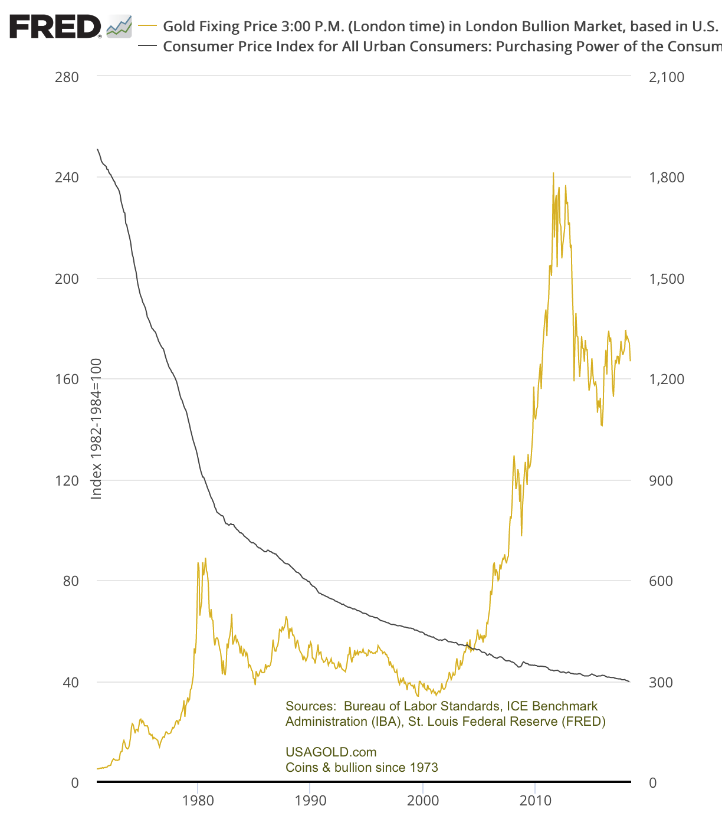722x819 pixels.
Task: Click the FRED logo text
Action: pos(55,27)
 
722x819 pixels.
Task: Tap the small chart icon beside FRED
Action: pos(119,27)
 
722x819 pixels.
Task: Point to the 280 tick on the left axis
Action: pos(67,77)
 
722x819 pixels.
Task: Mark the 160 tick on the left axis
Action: pos(67,379)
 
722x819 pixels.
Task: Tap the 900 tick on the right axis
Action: pos(661,480)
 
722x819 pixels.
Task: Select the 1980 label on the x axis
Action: pos(198,801)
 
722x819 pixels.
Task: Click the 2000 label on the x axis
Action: pos(423,801)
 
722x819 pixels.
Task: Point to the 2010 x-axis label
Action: pos(535,801)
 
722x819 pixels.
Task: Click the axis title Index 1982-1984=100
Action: pos(96,429)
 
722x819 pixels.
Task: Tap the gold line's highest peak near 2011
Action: pos(553,173)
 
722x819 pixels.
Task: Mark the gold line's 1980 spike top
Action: pos(205,558)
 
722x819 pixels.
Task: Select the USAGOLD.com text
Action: pos(331,752)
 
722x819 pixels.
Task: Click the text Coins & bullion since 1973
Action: pos(362,768)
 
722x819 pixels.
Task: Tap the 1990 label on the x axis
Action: pos(310,801)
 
